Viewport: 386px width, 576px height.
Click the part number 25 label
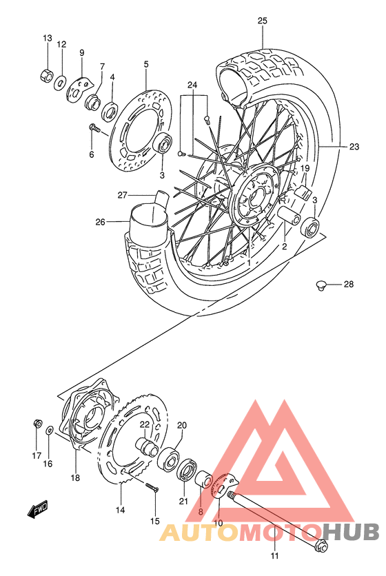tap(262, 21)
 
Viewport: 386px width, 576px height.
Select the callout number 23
tap(354, 146)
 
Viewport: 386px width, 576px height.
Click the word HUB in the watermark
tap(351, 532)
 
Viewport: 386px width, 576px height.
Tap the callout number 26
tap(101, 222)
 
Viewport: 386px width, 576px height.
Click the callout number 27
tap(123, 195)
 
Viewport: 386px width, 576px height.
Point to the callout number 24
tap(192, 85)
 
